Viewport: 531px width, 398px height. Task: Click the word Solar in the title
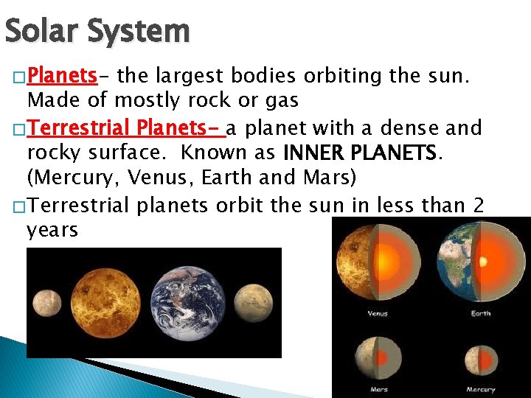tap(40, 31)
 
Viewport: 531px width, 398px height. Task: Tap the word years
tap(52, 230)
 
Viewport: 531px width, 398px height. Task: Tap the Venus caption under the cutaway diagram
tap(378, 313)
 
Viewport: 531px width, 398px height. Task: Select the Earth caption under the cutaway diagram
tap(480, 313)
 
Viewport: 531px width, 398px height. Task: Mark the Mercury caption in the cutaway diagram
tap(480, 389)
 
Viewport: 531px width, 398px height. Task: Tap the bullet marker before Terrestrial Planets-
tap(16, 129)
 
